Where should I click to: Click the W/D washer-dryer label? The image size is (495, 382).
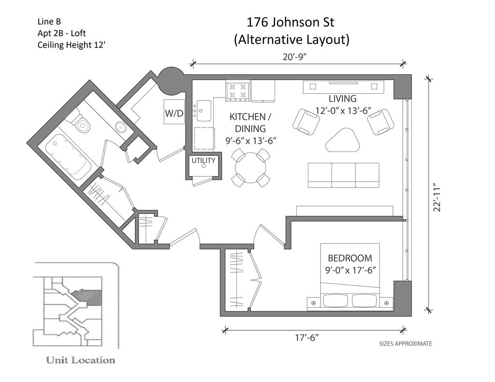(174, 113)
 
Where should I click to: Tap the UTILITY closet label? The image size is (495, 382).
(204, 160)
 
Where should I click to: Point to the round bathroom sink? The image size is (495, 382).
(121, 127)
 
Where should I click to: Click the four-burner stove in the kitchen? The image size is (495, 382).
(238, 91)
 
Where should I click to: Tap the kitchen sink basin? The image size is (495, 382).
(204, 111)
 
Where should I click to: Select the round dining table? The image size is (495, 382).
(250, 168)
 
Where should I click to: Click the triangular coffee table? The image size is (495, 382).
(343, 141)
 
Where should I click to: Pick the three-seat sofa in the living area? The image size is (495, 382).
(344, 175)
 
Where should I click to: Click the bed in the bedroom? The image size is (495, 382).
(350, 275)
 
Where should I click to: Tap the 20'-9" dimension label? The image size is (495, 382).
(295, 57)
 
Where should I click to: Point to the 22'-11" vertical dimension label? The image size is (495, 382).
(437, 197)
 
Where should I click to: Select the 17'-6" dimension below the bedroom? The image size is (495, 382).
(306, 338)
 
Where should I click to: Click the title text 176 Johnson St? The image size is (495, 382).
(290, 22)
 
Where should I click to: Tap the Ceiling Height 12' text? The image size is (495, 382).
(71, 45)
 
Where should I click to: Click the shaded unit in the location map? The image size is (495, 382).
(88, 297)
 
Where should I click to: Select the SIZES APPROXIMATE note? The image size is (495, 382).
(406, 343)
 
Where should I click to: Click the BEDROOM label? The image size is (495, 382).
(350, 258)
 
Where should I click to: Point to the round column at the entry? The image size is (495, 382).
(171, 81)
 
